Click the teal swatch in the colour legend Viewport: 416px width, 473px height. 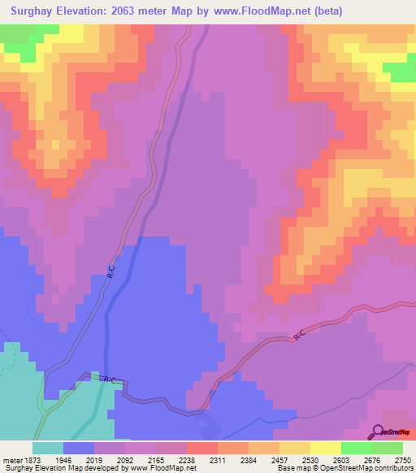click(x=48, y=447)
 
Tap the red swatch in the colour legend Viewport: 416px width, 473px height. click(x=201, y=447)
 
